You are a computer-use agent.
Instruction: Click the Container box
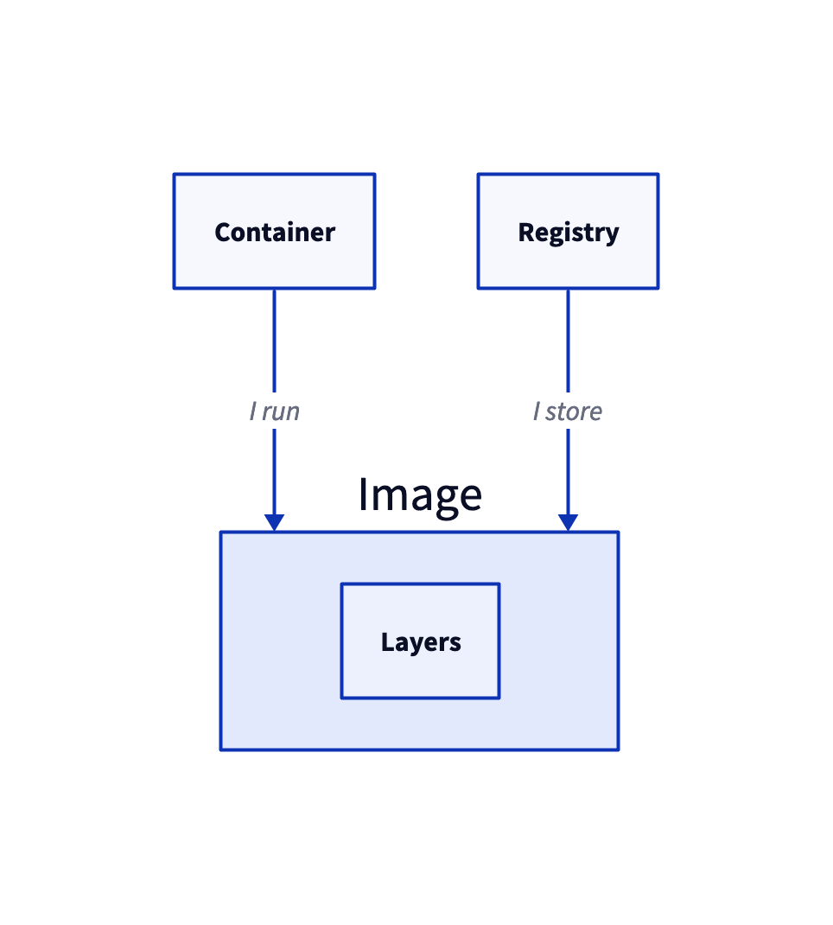(274, 232)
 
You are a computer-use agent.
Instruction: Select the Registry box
(568, 232)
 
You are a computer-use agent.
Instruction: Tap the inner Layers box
(420, 641)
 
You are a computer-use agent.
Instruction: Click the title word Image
(420, 496)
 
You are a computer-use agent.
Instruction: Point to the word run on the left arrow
(281, 412)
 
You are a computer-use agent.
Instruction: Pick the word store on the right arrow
(574, 411)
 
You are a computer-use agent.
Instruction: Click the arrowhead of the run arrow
(274, 523)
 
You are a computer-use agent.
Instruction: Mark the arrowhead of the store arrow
(568, 523)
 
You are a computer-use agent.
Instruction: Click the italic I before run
(253, 411)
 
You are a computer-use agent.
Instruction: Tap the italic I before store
(537, 411)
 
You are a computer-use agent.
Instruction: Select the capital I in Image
(363, 494)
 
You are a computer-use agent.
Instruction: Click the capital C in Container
(224, 233)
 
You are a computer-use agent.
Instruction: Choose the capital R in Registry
(526, 233)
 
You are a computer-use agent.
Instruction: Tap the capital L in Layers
(387, 641)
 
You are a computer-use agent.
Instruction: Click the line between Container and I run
(274, 341)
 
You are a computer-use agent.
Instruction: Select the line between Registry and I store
(568, 341)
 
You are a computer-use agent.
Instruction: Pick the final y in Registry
(612, 236)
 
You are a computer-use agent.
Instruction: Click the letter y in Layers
(416, 646)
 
